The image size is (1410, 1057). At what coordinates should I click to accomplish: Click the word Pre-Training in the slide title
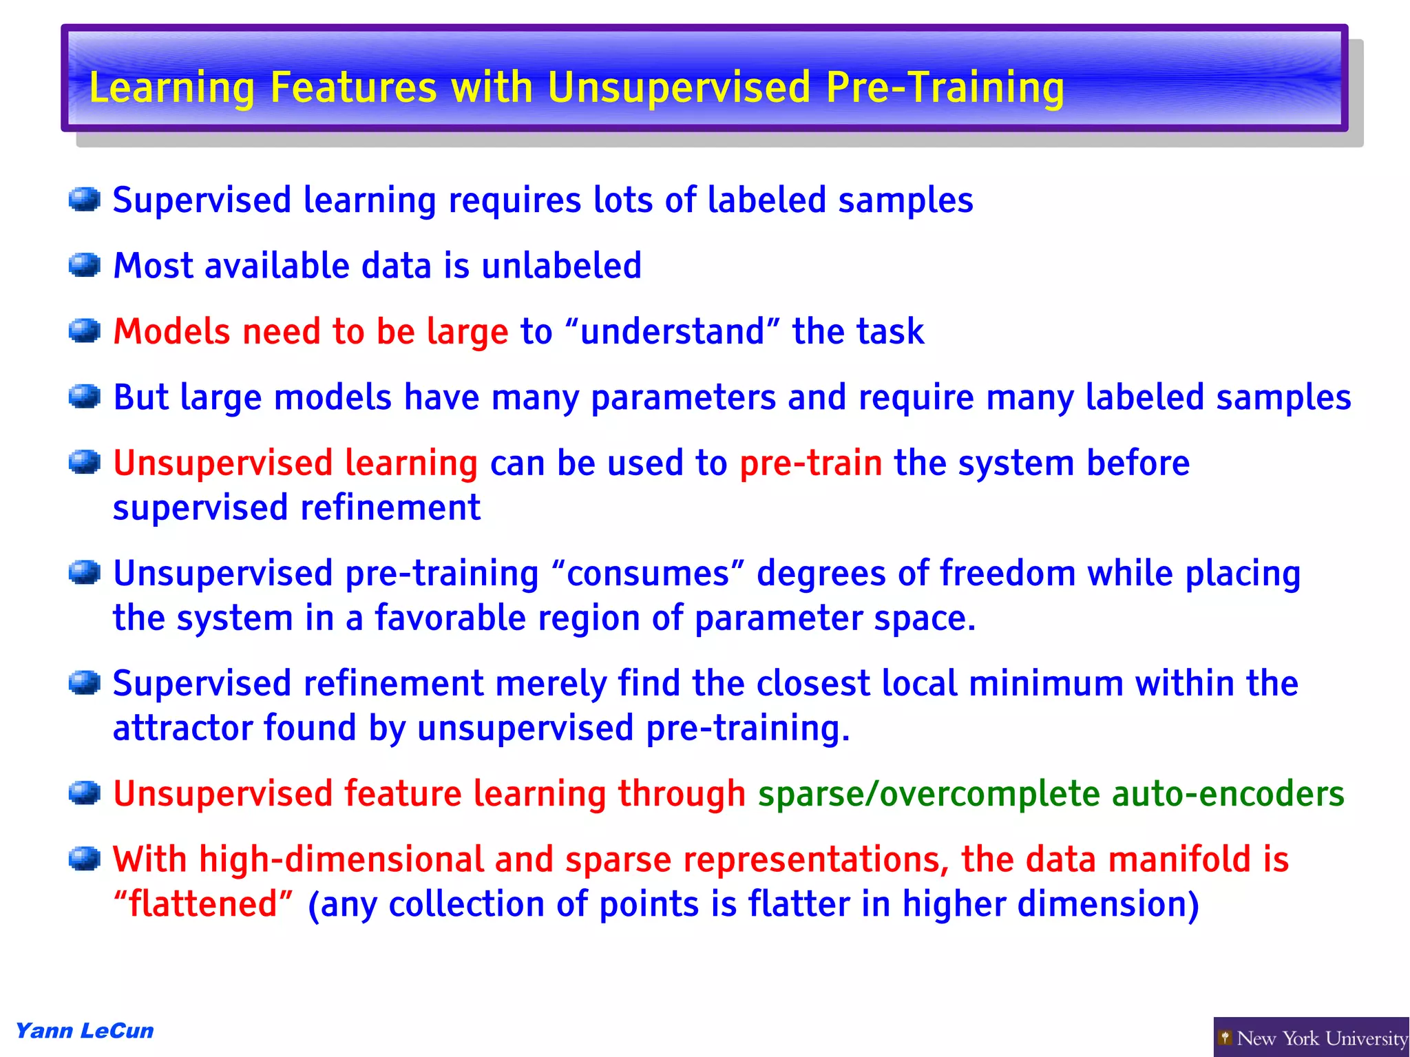click(x=945, y=88)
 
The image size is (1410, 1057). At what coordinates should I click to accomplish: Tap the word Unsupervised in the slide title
click(x=679, y=88)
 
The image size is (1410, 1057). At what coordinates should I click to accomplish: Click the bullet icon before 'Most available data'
click(x=85, y=265)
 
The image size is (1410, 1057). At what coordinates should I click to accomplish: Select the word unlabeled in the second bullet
click(x=561, y=266)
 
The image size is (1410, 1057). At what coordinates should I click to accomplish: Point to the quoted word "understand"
click(x=672, y=331)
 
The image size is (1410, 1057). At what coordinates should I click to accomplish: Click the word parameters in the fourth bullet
click(x=683, y=398)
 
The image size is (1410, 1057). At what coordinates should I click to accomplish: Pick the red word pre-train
click(x=810, y=463)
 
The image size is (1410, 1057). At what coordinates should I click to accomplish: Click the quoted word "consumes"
click(x=648, y=574)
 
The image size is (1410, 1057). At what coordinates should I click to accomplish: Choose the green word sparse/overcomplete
click(x=929, y=793)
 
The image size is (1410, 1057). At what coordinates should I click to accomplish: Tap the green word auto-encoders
click(x=1228, y=793)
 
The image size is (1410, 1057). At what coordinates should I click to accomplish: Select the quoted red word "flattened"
click(x=204, y=904)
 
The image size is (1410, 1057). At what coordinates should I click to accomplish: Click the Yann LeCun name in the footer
click(x=85, y=1031)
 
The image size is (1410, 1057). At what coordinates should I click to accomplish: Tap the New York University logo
click(x=1311, y=1037)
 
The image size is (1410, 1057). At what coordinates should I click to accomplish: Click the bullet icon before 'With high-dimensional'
click(x=85, y=859)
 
